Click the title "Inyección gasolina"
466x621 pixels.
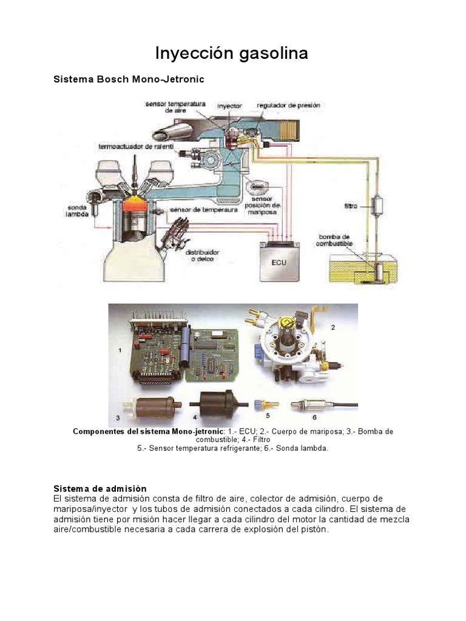[232, 53]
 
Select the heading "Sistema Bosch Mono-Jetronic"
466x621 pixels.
[129, 79]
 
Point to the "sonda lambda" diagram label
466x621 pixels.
[77, 210]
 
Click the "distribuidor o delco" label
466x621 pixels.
[202, 255]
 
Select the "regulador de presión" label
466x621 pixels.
[288, 105]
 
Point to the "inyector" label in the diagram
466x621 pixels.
[229, 105]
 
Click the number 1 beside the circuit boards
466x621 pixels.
[120, 351]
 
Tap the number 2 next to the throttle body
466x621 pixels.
[333, 326]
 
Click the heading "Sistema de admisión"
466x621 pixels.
[100, 488]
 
